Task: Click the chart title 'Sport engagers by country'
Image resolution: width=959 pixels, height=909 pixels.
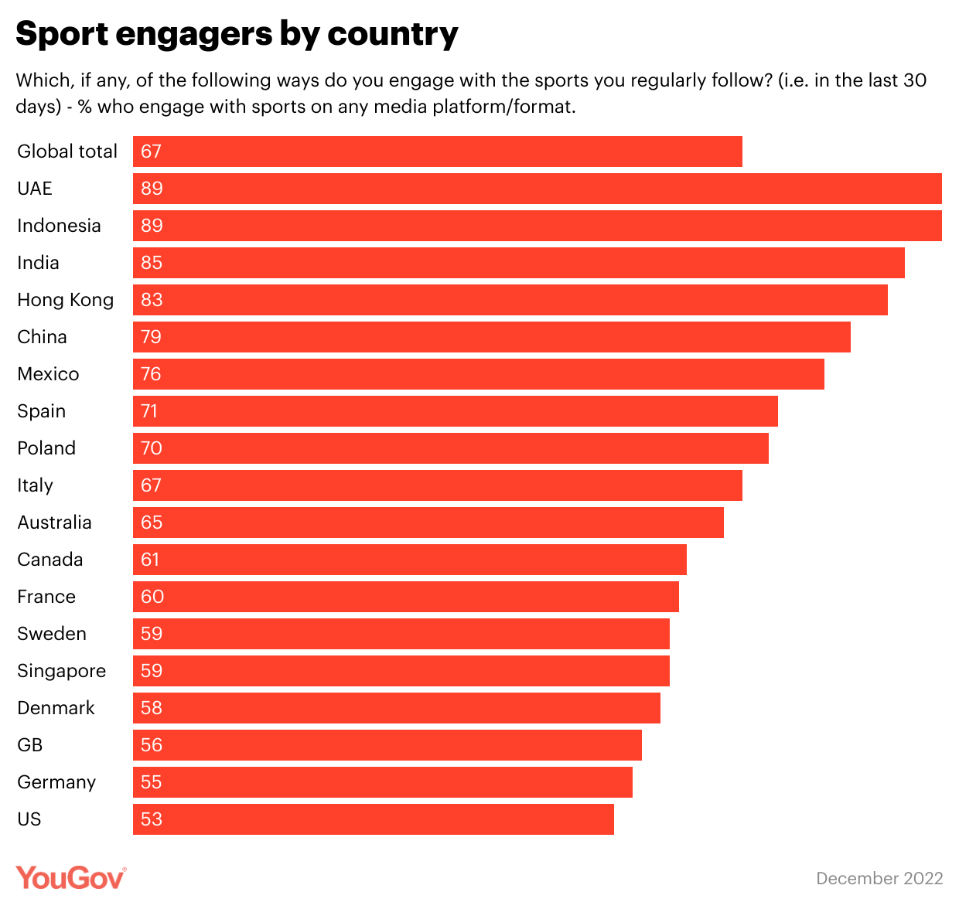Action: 237,34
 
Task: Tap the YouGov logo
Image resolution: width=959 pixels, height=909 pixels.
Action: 70,877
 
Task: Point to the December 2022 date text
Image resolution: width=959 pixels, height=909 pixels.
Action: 879,878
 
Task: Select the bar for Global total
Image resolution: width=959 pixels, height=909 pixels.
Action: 438,151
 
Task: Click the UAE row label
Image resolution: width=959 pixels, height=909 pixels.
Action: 35,189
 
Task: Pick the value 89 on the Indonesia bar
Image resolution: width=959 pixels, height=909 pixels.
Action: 152,226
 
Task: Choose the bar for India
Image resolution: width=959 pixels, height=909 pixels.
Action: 518,263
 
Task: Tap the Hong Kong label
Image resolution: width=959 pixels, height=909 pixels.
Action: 66,300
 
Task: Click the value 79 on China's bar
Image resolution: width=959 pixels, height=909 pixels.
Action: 151,337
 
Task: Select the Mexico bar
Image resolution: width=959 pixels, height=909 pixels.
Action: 478,374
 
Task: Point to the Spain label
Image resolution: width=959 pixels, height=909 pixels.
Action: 42,411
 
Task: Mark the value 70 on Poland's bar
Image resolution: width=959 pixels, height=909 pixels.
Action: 152,448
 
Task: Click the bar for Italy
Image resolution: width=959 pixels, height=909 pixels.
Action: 438,485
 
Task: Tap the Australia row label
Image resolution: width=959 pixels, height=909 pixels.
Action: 55,523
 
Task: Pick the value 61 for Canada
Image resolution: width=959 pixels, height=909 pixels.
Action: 150,560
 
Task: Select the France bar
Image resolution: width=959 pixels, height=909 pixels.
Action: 406,597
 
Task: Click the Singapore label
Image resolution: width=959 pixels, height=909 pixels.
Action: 62,671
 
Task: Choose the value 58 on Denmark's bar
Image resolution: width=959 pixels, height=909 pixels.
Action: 152,708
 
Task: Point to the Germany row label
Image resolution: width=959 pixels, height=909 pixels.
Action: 56,782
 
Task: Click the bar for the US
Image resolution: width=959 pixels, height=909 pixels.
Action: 374,819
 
